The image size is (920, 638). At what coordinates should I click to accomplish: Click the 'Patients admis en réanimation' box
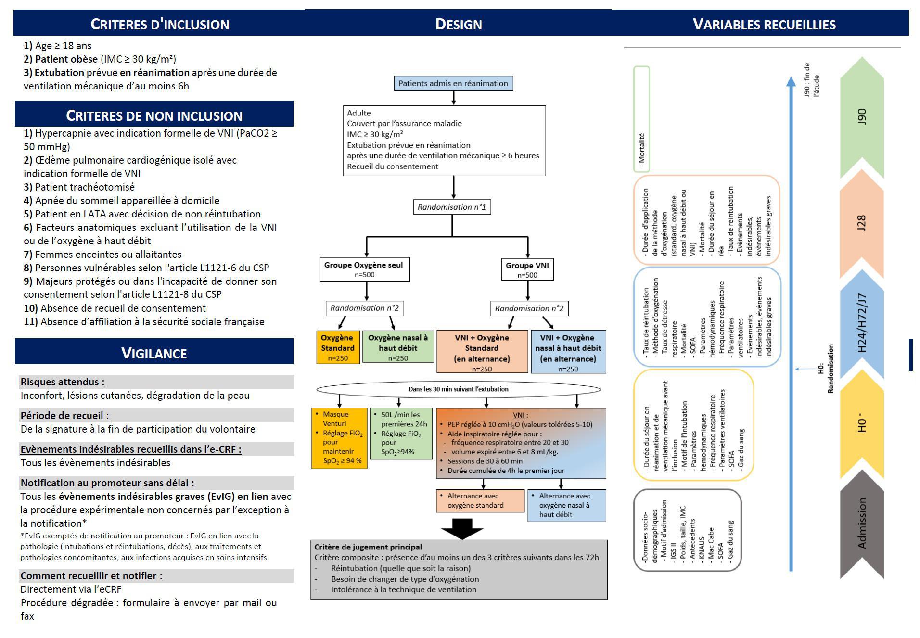coord(453,83)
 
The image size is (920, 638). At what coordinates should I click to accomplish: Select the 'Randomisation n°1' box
coord(452,207)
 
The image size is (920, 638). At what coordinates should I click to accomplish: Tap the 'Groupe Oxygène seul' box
coord(365,269)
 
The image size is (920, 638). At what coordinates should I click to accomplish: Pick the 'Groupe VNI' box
coord(527,269)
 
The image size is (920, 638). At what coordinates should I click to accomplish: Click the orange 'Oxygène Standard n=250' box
coord(338,347)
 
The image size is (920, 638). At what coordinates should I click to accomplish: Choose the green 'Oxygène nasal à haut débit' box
coord(398,346)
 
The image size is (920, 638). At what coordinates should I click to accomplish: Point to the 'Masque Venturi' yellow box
coord(339,438)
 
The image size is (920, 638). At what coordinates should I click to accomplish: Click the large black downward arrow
coord(462,529)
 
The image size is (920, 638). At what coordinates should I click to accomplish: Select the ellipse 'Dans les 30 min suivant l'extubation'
coord(459,389)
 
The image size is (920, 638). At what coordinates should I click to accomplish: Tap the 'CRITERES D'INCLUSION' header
coord(159,24)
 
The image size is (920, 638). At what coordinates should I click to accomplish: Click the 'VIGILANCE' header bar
coord(154,352)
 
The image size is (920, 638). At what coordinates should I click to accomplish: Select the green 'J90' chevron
coord(862,118)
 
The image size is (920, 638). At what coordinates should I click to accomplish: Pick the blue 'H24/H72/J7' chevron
coord(862,322)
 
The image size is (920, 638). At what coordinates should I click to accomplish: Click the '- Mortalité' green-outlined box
coord(641,119)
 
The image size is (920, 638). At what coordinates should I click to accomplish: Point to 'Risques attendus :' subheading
coord(63,382)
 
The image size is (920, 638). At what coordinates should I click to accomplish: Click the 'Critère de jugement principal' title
coord(368,547)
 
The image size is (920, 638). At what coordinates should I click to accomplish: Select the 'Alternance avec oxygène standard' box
coord(480,501)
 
